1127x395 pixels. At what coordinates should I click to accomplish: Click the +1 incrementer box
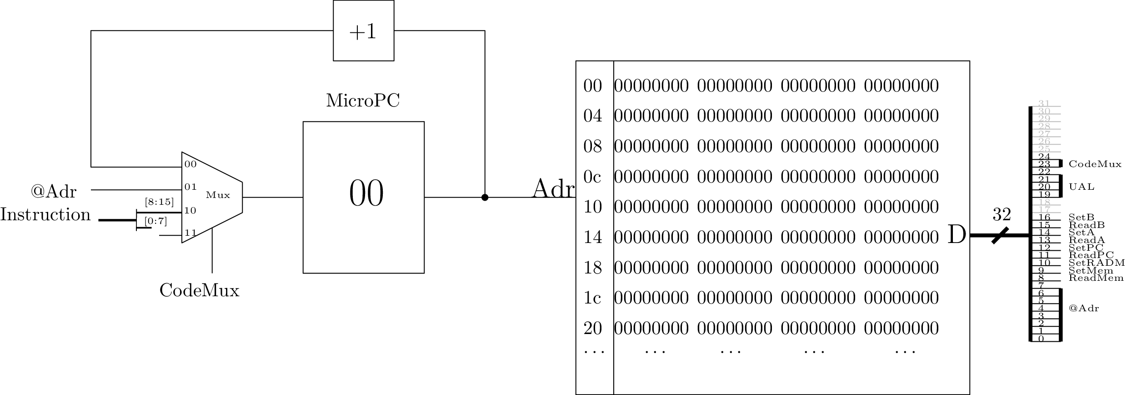pos(363,31)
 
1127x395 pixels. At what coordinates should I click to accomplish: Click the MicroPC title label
pos(363,101)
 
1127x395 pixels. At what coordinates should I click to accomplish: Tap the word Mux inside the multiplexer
pos(218,195)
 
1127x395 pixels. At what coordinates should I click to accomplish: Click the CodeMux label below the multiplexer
pos(199,290)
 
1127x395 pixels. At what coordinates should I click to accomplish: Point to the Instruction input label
pos(45,215)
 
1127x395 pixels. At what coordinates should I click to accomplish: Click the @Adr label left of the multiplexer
pos(54,192)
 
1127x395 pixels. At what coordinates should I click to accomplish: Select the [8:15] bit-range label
pos(159,202)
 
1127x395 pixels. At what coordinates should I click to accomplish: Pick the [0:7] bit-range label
pos(155,222)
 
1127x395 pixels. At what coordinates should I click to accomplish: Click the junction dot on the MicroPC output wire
pos(485,197)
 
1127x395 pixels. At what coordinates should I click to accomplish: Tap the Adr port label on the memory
pos(553,189)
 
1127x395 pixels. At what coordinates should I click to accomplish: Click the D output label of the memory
pos(957,235)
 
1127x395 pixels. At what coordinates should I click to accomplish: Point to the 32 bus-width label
pos(1002,214)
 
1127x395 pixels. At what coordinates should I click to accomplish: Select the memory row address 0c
pos(592,177)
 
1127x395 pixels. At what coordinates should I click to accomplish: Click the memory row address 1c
pos(592,298)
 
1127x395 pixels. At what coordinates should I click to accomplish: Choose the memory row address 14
pos(592,237)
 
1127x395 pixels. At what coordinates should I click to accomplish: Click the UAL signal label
pos(1082,187)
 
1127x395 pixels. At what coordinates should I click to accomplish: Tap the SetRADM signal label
pos(1097,263)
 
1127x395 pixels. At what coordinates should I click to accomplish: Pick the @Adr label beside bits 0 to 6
pos(1084,309)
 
